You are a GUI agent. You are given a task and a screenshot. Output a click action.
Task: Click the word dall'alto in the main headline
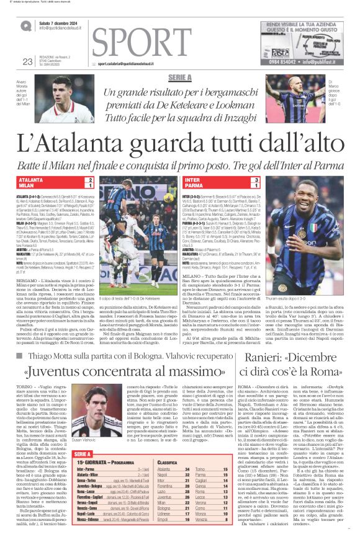(277, 144)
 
